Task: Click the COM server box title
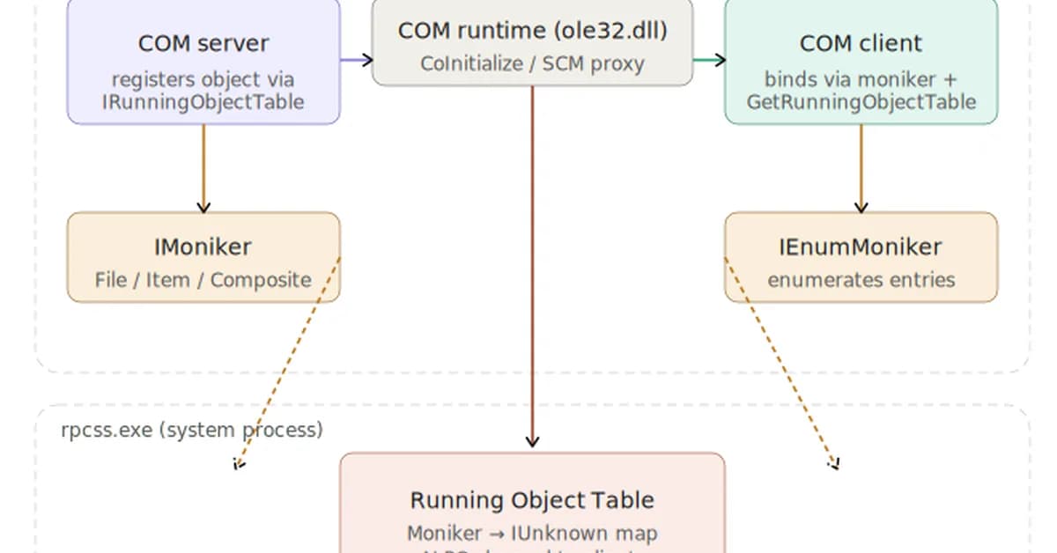203,43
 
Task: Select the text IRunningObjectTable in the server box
203,102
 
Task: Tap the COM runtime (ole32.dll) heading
532,31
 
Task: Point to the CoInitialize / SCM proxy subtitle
532,63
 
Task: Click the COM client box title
861,43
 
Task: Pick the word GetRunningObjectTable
861,102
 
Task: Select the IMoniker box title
203,247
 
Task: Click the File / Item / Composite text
203,280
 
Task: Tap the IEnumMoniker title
861,247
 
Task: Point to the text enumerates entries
861,280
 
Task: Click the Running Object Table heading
532,500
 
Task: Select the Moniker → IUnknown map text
532,534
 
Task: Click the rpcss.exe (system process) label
192,430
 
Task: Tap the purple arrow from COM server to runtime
356,60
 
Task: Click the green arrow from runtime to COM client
709,60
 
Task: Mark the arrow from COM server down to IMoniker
203,167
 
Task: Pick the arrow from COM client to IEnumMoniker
861,167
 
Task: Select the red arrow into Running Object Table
532,264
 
